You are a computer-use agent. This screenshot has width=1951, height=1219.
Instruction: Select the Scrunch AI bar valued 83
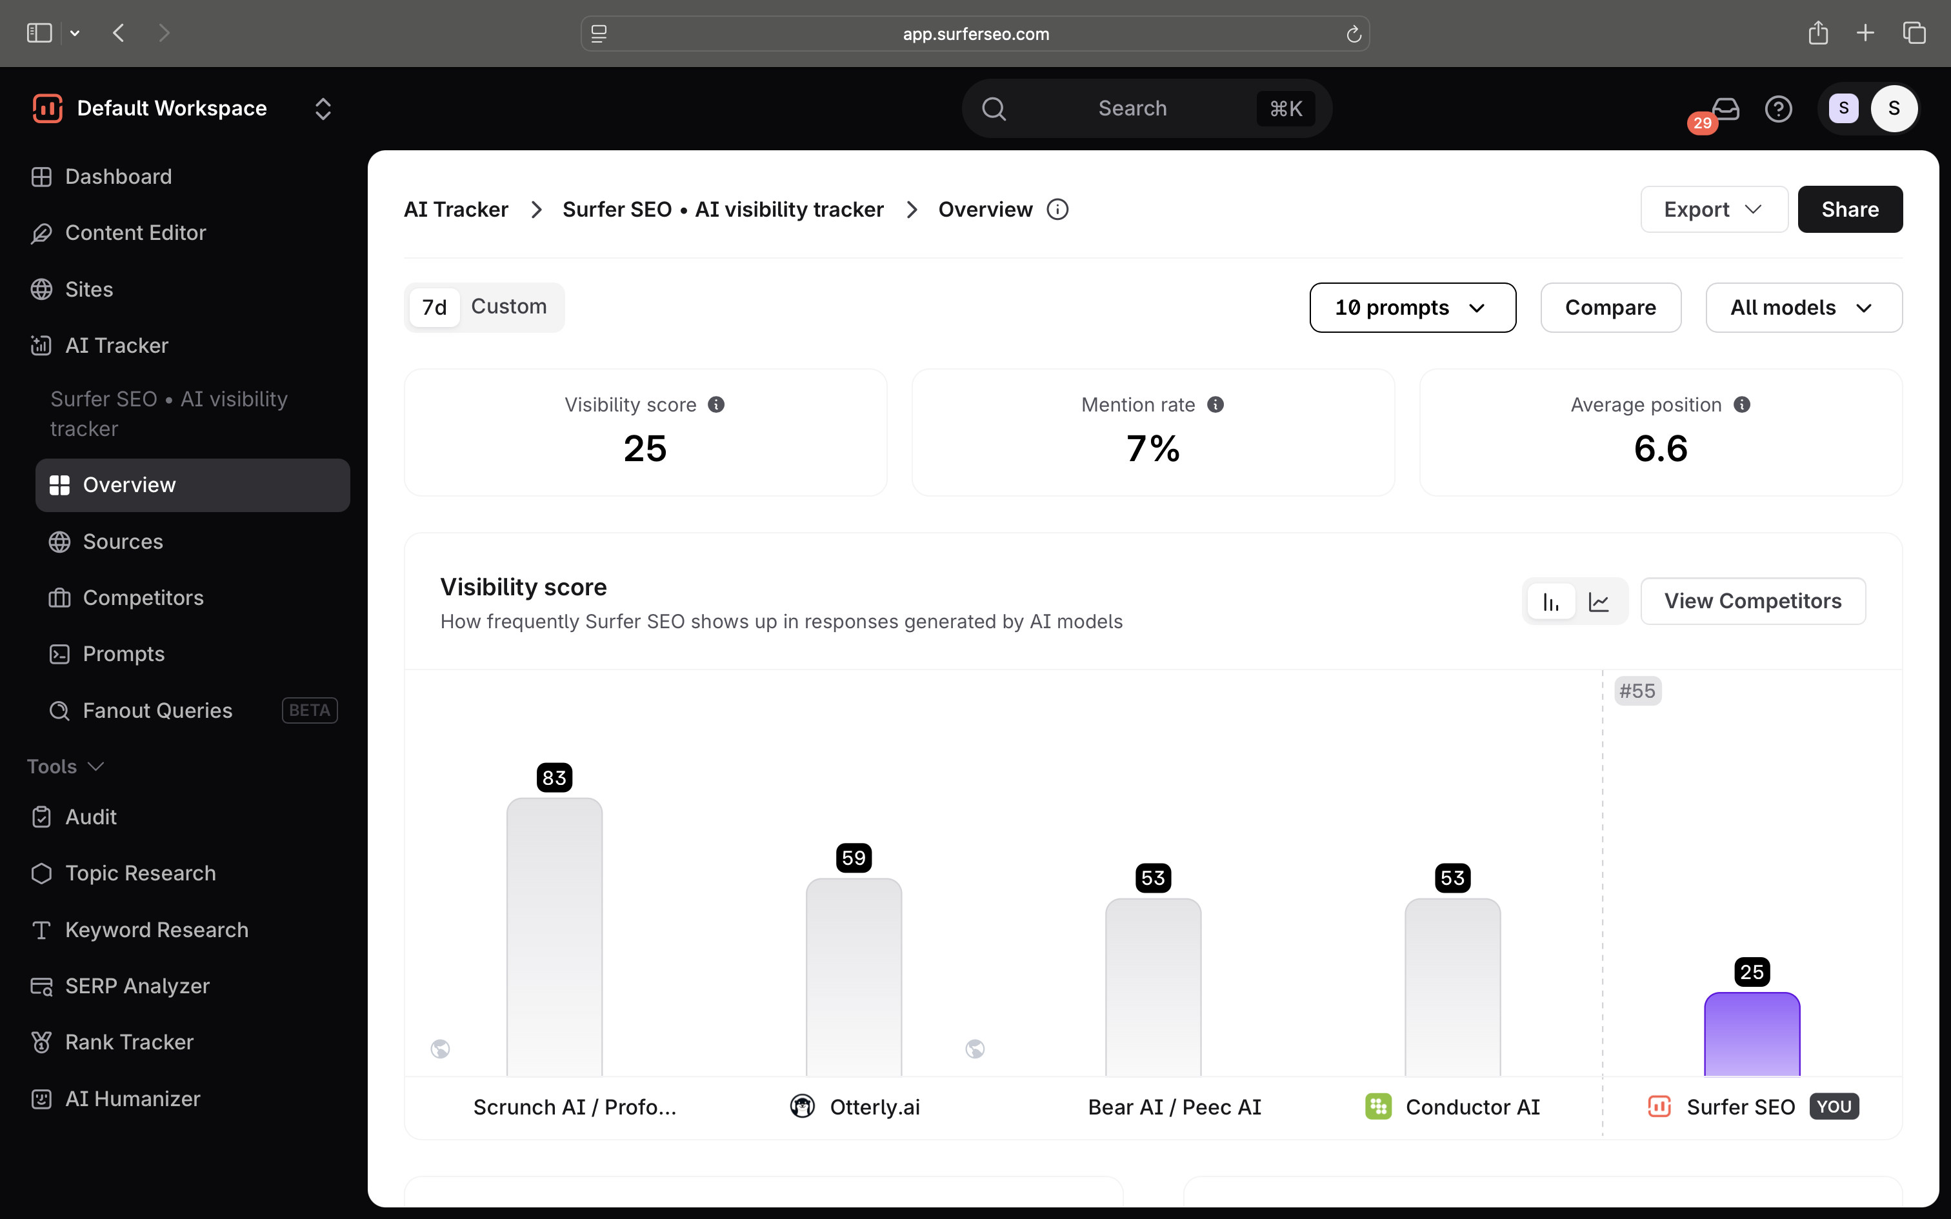(x=554, y=937)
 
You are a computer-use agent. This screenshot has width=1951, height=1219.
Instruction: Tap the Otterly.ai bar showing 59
(x=854, y=977)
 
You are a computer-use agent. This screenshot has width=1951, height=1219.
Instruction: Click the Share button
(x=1850, y=210)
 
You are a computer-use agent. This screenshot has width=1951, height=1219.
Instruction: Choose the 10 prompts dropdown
(x=1412, y=307)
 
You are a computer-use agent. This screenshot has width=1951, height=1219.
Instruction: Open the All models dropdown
(x=1803, y=307)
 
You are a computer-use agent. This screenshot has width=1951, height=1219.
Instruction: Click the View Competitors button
(x=1753, y=600)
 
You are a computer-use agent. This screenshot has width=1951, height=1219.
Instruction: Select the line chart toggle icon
(x=1599, y=601)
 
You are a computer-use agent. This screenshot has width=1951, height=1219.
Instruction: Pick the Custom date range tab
(x=508, y=306)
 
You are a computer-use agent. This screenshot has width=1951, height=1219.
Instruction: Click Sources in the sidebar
(x=123, y=542)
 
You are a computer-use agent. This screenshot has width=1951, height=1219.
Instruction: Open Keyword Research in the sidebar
(x=156, y=929)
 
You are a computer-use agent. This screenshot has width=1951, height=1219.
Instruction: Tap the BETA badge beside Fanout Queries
(x=310, y=710)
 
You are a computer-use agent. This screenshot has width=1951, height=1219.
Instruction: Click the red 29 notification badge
(x=1702, y=123)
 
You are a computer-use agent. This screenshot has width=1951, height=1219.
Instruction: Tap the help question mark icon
(x=1779, y=109)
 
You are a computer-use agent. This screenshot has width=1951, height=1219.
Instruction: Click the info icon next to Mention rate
(x=1215, y=405)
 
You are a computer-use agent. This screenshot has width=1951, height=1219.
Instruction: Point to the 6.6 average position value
(x=1661, y=448)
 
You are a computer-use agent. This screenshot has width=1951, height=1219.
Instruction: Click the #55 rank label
(x=1637, y=691)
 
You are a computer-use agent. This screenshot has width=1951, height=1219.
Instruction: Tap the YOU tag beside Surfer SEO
(x=1834, y=1106)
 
